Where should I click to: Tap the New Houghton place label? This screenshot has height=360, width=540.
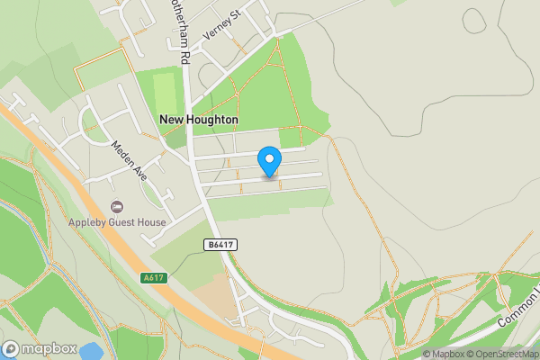pos(199,119)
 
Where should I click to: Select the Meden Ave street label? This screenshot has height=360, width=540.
pos(130,160)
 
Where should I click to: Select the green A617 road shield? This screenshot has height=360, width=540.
pos(154,278)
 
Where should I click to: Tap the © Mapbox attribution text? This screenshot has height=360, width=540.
pos(443,354)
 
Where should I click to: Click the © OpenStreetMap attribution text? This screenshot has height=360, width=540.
pos(502,354)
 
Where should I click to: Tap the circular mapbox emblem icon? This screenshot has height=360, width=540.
pos(11,349)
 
